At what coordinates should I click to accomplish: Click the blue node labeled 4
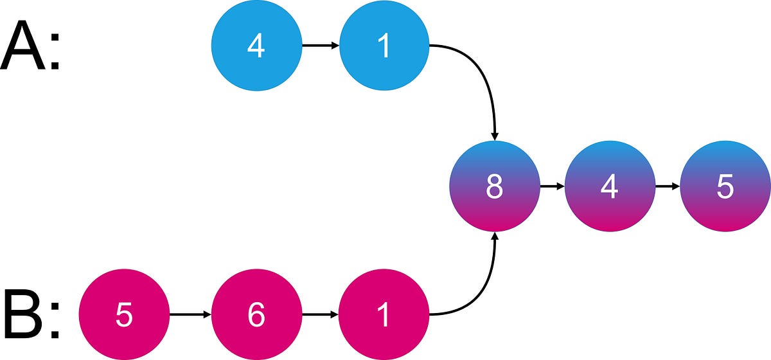tap(256, 46)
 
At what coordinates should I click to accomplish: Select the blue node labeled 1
tap(384, 46)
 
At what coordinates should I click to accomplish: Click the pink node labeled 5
tap(123, 315)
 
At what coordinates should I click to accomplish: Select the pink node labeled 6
tap(256, 315)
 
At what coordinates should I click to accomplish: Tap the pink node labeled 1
tap(384, 315)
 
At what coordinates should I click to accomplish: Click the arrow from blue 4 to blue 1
tap(320, 46)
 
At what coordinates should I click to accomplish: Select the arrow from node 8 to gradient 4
tap(551, 186)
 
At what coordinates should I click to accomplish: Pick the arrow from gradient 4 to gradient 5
tap(667, 186)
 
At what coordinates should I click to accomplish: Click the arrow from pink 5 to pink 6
tap(190, 315)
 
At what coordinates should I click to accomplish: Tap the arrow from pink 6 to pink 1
tap(320, 315)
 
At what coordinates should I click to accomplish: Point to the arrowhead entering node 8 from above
tap(494, 136)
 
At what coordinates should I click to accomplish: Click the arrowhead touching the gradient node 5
tap(676, 186)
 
